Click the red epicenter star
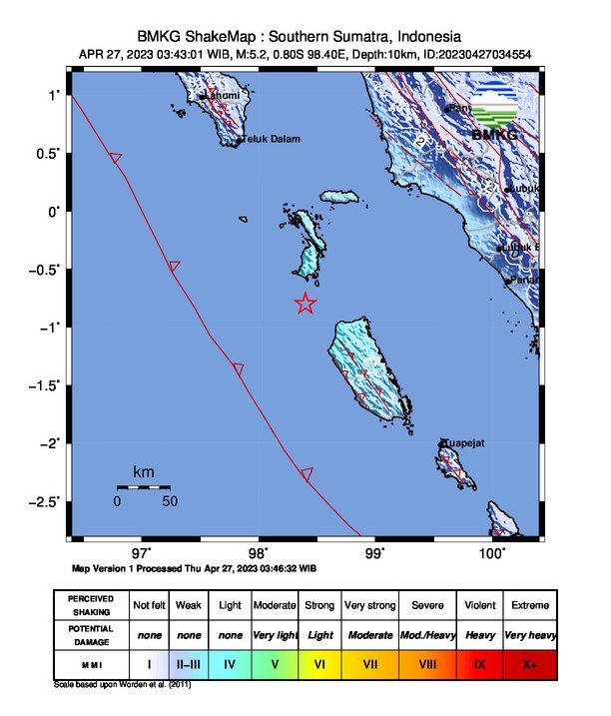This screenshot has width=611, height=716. (x=305, y=305)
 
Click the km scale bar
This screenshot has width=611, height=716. (x=143, y=487)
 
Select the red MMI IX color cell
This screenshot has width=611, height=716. (x=479, y=661)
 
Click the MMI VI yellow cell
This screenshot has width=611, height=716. (x=319, y=661)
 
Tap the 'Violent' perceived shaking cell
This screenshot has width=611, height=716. (x=479, y=605)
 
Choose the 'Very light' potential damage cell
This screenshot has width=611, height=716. (x=276, y=634)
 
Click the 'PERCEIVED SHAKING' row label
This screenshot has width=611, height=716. (x=90, y=605)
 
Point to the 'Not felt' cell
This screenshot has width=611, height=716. (x=149, y=605)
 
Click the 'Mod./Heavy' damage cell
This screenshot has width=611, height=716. (x=427, y=634)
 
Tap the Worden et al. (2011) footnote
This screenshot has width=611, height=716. (x=122, y=685)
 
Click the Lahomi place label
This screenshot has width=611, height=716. (x=222, y=96)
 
